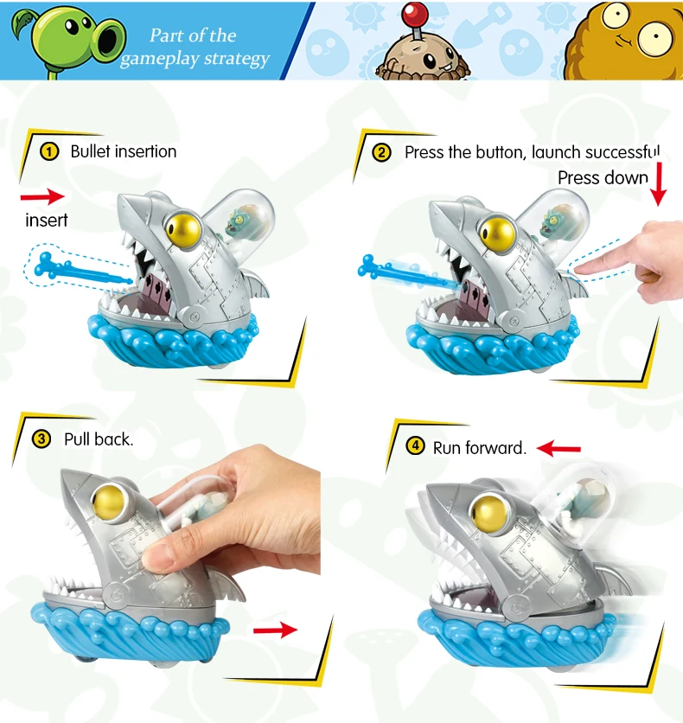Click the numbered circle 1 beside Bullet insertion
click(x=49, y=151)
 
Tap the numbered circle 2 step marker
click(x=381, y=152)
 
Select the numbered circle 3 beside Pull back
click(x=41, y=439)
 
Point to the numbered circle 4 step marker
click(x=415, y=446)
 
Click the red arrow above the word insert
click(x=42, y=197)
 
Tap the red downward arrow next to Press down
click(x=659, y=184)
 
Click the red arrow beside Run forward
click(x=559, y=448)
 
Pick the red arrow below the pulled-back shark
click(x=276, y=630)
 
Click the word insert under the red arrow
click(x=47, y=221)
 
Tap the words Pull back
click(x=99, y=439)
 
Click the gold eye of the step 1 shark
click(x=183, y=231)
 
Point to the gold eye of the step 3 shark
click(x=109, y=502)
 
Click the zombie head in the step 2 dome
click(x=557, y=223)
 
